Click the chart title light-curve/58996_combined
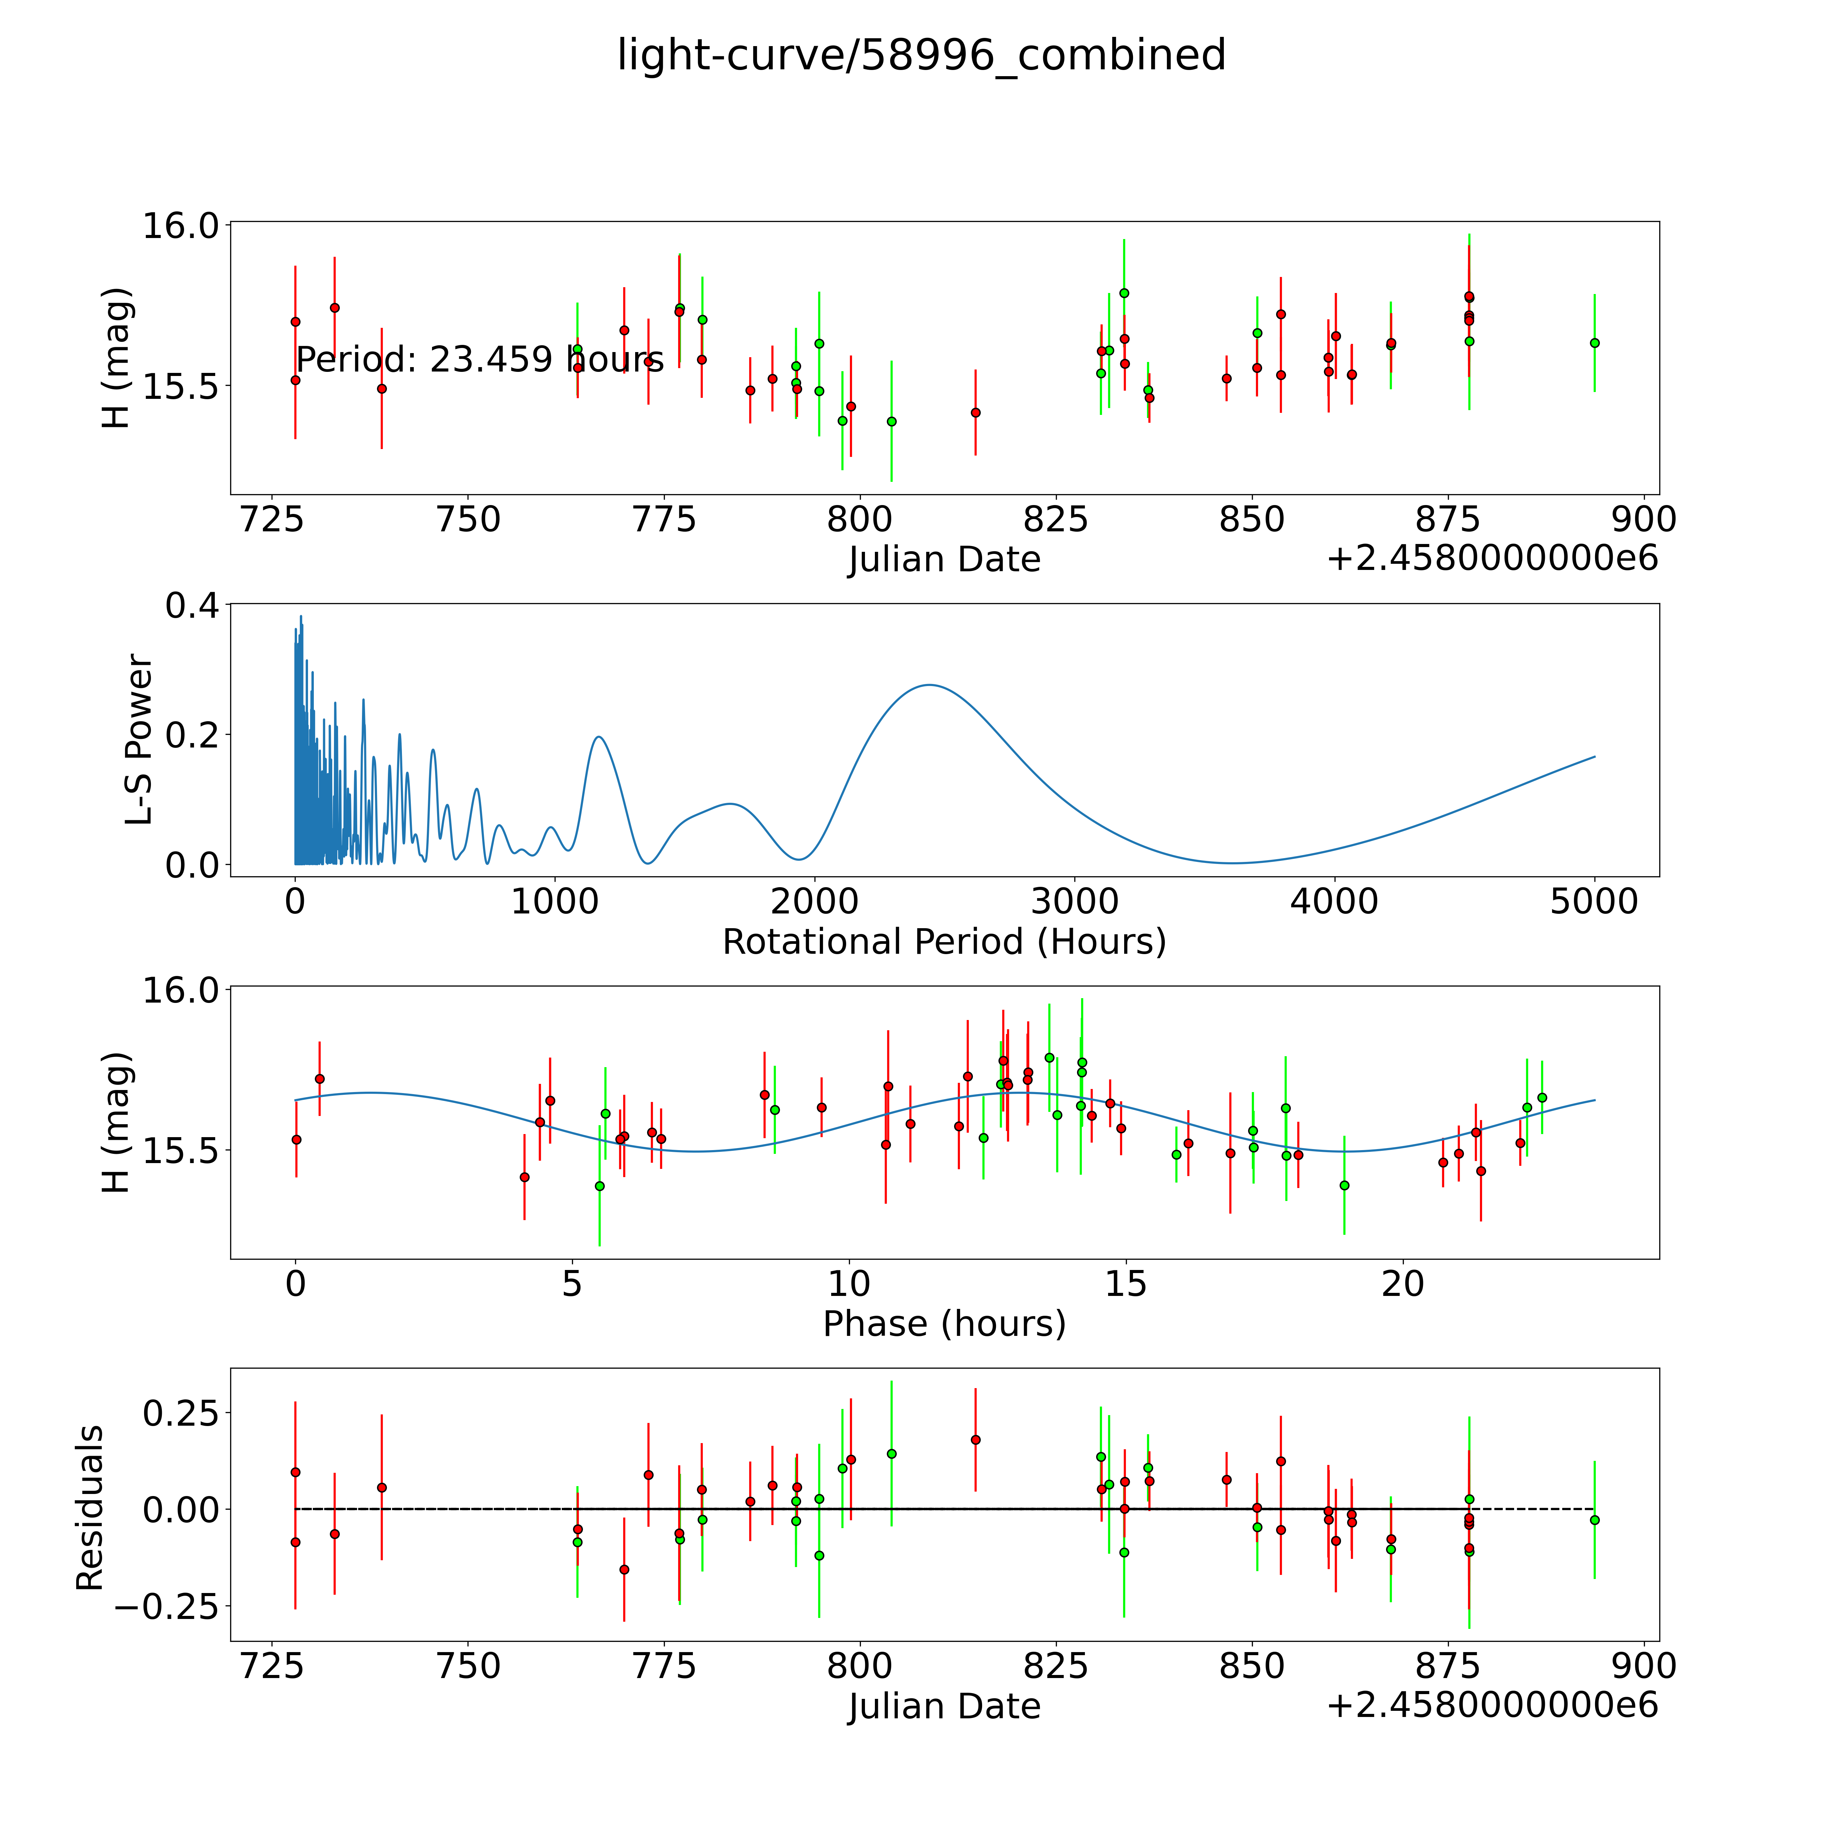tap(921, 55)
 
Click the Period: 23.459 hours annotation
tap(479, 360)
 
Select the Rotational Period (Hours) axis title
tap(944, 942)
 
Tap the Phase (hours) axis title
tap(944, 1324)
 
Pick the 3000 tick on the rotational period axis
tap(1075, 902)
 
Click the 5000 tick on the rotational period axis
tap(1594, 902)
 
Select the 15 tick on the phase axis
tap(1125, 1284)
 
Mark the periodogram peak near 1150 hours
tap(598, 737)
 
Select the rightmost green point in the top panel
tap(1594, 343)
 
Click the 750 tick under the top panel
tap(468, 520)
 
